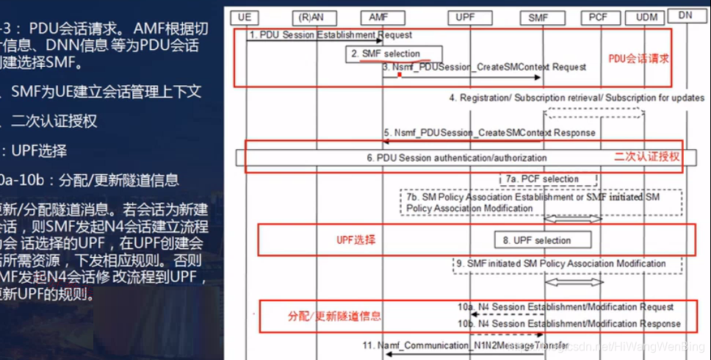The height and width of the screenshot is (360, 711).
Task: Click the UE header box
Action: (x=245, y=15)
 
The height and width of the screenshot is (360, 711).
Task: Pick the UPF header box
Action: (x=464, y=15)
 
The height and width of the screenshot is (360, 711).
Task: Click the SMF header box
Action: (x=552, y=16)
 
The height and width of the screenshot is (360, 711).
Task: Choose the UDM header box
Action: (x=647, y=15)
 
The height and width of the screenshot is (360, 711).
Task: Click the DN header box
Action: (x=685, y=15)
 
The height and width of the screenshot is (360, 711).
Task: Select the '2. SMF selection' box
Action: (x=395, y=54)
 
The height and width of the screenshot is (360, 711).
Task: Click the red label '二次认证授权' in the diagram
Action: (x=646, y=157)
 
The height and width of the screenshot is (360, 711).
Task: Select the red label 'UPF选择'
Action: (x=356, y=240)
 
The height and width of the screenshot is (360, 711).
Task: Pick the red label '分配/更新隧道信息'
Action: (x=334, y=316)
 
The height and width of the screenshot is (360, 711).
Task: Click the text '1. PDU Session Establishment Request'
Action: (x=330, y=35)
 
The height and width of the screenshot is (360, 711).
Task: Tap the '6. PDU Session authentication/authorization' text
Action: (x=457, y=157)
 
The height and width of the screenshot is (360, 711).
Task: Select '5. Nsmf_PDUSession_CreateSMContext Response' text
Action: (x=488, y=133)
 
